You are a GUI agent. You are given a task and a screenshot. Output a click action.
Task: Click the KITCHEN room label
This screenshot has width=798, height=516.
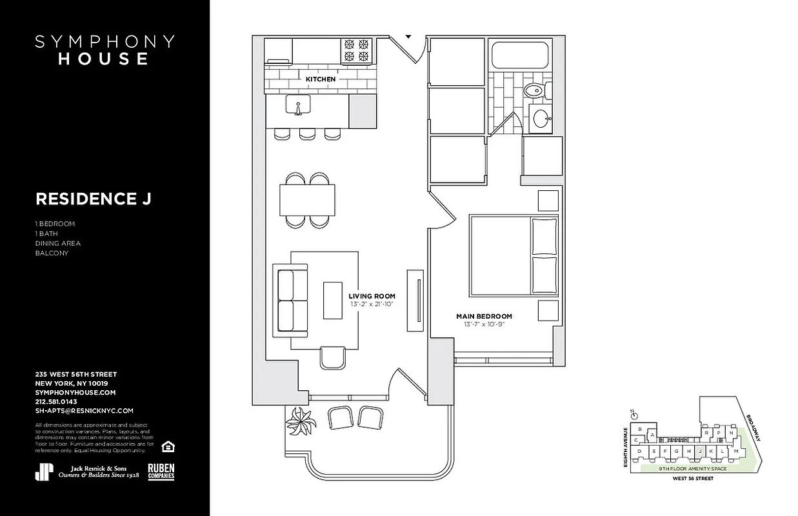[321, 79]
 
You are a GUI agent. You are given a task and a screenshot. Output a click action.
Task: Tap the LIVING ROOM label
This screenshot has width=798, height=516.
[372, 296]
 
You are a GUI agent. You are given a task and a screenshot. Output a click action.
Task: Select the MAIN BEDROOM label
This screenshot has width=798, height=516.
[484, 316]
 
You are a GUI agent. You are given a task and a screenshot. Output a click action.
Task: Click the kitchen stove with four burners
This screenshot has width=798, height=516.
[357, 51]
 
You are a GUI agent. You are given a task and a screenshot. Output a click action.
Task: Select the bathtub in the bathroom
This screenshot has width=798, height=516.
[519, 55]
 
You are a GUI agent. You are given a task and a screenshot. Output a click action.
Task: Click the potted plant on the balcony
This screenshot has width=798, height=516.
[301, 422]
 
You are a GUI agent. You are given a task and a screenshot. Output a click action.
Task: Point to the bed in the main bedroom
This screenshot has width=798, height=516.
[513, 254]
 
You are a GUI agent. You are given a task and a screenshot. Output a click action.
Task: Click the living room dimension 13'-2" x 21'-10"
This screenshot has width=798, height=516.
[372, 304]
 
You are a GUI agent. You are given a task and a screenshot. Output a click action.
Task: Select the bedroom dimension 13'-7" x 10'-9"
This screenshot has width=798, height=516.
[484, 324]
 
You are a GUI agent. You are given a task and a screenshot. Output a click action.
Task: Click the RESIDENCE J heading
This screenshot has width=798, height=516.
[94, 199]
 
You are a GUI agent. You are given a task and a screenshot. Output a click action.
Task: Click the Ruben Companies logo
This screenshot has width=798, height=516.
[161, 471]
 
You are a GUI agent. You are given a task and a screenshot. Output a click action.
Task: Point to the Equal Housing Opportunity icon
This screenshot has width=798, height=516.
[168, 446]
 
